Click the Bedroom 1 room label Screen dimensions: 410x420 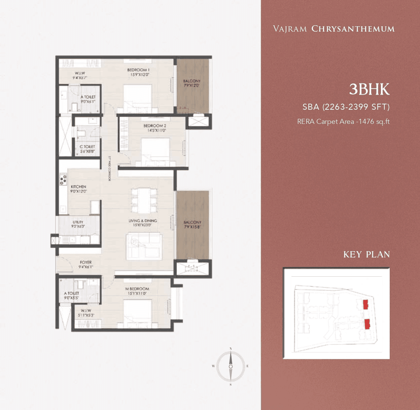pos(138,70)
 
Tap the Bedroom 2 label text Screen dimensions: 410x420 pos(155,126)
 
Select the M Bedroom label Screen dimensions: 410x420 pos(137,289)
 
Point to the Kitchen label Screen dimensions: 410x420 pos(78,186)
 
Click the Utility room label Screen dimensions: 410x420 pos(78,222)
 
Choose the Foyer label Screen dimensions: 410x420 pos(86,262)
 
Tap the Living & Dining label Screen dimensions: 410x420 pos(143,221)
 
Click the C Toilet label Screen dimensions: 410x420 pos(87,147)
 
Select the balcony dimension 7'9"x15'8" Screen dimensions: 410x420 pos(192,227)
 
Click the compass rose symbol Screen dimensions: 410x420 pos(231,366)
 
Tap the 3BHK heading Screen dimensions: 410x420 pos(369,89)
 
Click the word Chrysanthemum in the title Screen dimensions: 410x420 pos(353,29)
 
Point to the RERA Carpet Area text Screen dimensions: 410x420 pos(343,122)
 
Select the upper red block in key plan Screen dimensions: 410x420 pos(365,305)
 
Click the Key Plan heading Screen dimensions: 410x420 pos(366,254)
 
